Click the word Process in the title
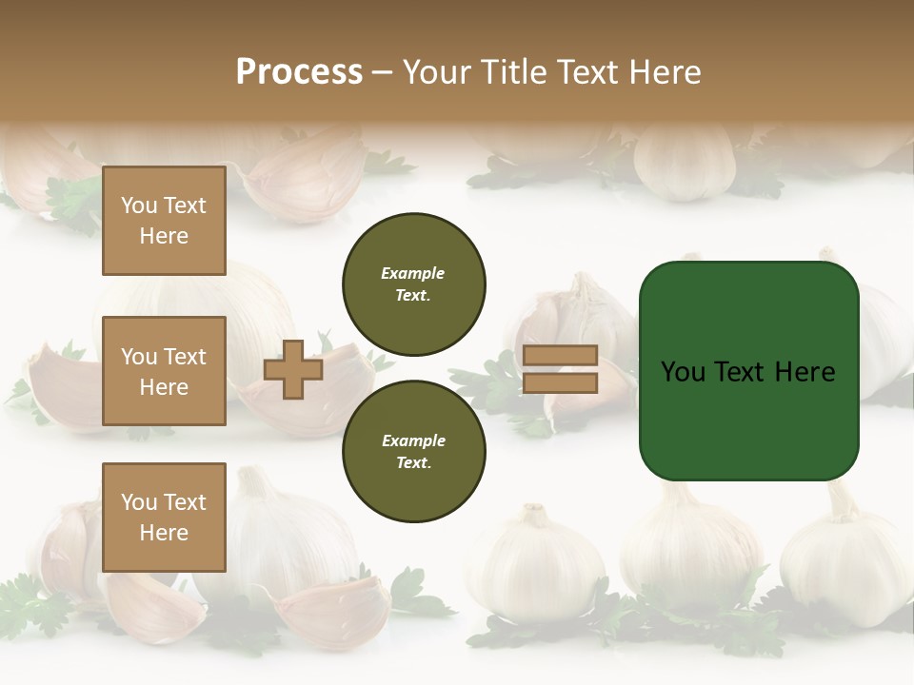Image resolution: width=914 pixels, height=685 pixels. (299, 72)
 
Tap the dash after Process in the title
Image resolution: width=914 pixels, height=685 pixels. (382, 73)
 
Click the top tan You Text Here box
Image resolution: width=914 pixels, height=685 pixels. (164, 221)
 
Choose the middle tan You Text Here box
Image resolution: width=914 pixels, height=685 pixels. (164, 371)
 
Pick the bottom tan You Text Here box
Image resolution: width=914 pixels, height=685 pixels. (164, 518)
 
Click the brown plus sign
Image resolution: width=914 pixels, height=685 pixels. (293, 369)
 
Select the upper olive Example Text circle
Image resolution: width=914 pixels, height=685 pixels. (413, 284)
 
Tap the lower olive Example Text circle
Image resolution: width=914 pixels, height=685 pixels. (413, 451)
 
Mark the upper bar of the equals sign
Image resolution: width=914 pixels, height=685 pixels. (560, 355)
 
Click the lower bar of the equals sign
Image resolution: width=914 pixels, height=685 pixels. (560, 383)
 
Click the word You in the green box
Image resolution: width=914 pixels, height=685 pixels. (684, 372)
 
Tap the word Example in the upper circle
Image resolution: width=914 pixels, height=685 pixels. (413, 273)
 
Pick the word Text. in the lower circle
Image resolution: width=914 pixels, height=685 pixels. (413, 462)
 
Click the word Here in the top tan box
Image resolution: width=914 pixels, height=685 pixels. (164, 236)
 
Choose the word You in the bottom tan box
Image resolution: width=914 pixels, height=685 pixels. (139, 502)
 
